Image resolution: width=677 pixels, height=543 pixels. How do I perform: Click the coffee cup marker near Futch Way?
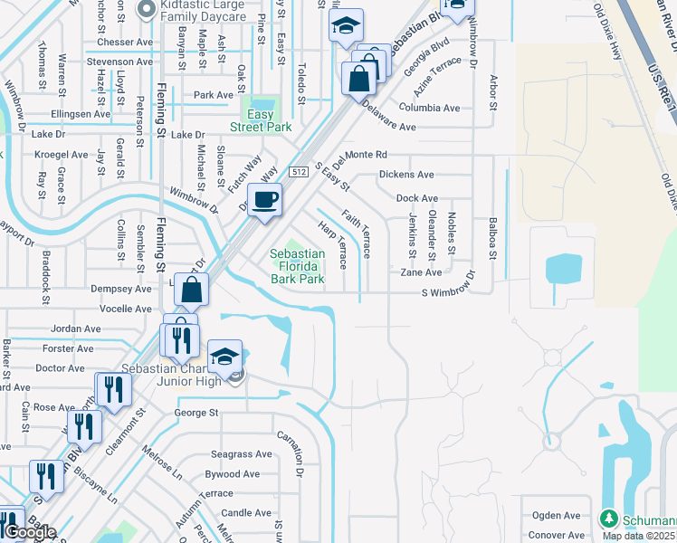point(264,200)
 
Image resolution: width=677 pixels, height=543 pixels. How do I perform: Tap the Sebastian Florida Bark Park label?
point(297,266)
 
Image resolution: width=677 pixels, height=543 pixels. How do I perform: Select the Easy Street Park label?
point(262,120)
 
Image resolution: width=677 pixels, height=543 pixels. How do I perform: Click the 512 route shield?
point(300,171)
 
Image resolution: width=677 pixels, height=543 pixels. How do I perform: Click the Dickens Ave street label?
point(406,174)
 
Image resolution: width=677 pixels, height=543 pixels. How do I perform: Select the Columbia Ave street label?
point(430,108)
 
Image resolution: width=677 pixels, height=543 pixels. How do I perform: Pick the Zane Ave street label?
point(422,271)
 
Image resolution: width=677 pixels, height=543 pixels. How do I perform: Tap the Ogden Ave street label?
point(557,515)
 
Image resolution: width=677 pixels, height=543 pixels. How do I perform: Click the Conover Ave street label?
point(557,535)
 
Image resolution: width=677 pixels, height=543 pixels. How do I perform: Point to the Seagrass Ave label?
point(241,454)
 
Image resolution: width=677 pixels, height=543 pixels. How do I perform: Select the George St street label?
point(196,413)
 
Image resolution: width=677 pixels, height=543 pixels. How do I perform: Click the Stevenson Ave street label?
point(119,62)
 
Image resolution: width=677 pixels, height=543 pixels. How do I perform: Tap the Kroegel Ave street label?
point(62,155)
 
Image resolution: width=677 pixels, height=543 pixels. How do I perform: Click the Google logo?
point(29,532)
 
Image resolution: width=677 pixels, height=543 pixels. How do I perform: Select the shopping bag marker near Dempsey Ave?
point(192,290)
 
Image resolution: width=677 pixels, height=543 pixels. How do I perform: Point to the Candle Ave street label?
point(246,512)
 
